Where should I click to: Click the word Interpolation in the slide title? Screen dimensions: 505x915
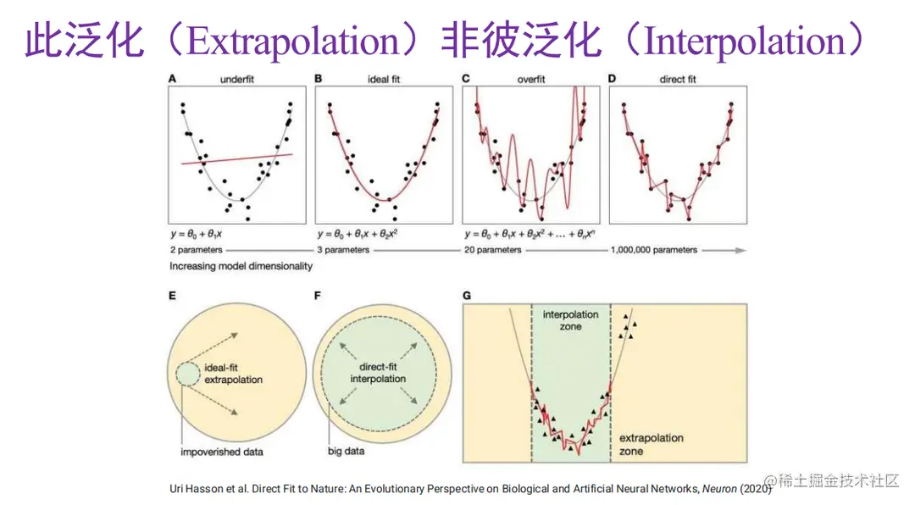pyautogui.click(x=742, y=42)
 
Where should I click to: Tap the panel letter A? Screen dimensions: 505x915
pyautogui.click(x=173, y=79)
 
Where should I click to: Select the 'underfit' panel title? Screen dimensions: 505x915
pyautogui.click(x=237, y=79)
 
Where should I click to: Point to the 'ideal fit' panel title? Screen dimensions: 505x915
pyautogui.click(x=383, y=79)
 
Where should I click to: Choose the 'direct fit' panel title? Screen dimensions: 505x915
pyautogui.click(x=677, y=79)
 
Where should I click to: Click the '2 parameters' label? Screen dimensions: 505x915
pyautogui.click(x=197, y=250)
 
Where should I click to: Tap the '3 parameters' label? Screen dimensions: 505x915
pyautogui.click(x=343, y=250)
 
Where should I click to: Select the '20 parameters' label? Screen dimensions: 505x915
pyautogui.click(x=492, y=250)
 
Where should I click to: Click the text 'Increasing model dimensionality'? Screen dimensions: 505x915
pyautogui.click(x=241, y=265)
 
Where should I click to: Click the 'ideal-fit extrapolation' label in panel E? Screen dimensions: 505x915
pyautogui.click(x=233, y=375)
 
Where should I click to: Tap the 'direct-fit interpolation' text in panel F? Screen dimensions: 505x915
pyautogui.click(x=378, y=373)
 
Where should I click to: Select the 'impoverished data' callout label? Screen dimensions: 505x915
pyautogui.click(x=222, y=452)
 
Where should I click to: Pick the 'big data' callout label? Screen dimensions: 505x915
pyautogui.click(x=346, y=451)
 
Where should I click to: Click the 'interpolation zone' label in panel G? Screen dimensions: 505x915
pyautogui.click(x=570, y=320)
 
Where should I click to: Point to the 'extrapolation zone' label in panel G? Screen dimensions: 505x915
pyautogui.click(x=651, y=445)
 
